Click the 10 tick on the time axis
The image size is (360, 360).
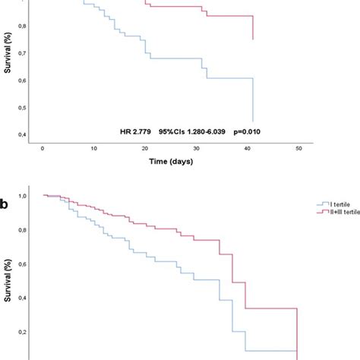pos(93,148)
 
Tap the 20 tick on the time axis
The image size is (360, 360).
pos(145,148)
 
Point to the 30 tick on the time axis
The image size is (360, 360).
pos(197,148)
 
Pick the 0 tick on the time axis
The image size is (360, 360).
pos(43,148)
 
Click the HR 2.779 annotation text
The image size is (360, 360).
pos(137,131)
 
